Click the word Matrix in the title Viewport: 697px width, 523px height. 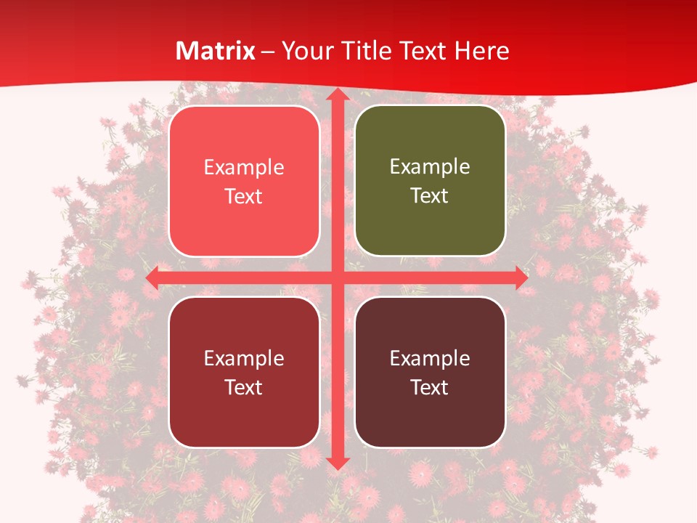pyautogui.click(x=216, y=51)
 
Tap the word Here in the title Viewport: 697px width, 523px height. pyautogui.click(x=482, y=51)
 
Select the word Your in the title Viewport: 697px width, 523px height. pyautogui.click(x=306, y=51)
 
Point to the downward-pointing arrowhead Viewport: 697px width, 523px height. pyautogui.click(x=337, y=463)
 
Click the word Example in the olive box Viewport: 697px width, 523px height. pyautogui.click(x=430, y=167)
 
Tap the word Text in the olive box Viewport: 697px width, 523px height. pyautogui.click(x=430, y=196)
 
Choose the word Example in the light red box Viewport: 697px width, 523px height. pyautogui.click(x=244, y=168)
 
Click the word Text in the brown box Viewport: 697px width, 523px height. pyautogui.click(x=430, y=387)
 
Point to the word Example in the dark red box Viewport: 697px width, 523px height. pyautogui.click(x=244, y=358)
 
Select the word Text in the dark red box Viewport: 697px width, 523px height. pyautogui.click(x=244, y=387)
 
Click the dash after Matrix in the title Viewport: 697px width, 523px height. pyautogui.click(x=269, y=52)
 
